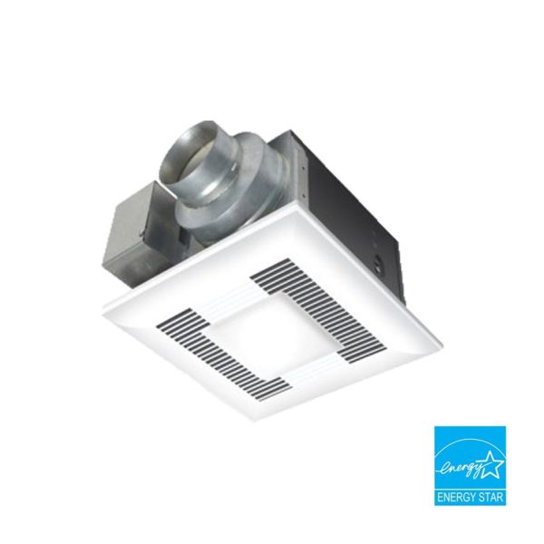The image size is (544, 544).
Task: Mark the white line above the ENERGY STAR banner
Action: tap(470, 488)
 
